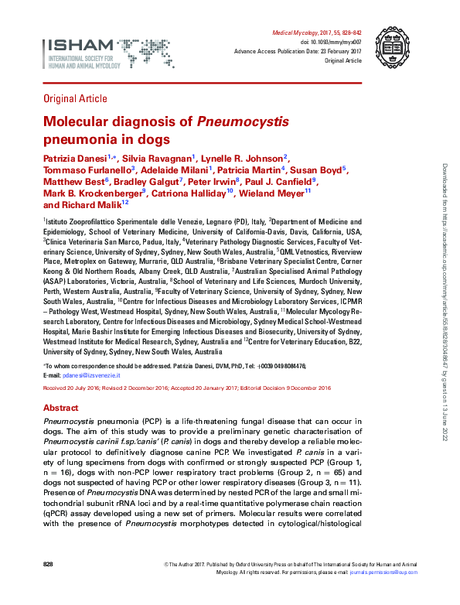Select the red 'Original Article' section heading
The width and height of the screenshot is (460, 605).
tap(77, 97)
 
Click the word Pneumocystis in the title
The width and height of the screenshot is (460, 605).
tap(244, 122)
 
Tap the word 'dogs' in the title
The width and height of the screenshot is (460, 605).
tap(152, 140)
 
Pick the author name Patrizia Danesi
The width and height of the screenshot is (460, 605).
tap(74, 157)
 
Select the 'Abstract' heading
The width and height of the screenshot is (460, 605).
tap(61, 407)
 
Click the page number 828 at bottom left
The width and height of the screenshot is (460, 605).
tap(48, 565)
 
